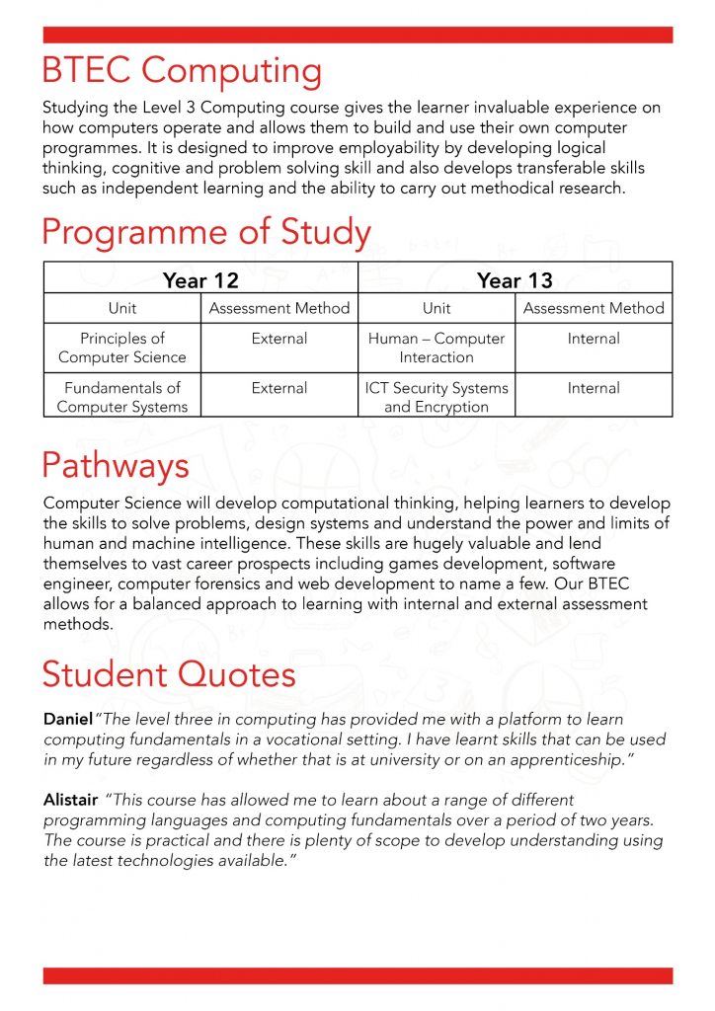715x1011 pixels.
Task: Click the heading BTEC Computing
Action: click(x=182, y=72)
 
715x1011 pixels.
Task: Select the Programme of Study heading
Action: click(x=206, y=233)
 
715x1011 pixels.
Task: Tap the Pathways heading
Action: click(x=116, y=464)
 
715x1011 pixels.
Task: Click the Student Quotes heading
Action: click(x=169, y=675)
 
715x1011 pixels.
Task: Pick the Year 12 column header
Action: click(x=200, y=280)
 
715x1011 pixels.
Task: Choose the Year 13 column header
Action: click(x=515, y=280)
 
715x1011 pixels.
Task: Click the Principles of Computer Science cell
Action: click(x=122, y=348)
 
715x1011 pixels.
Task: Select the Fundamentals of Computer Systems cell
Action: click(x=122, y=397)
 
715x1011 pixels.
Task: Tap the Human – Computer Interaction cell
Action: click(x=437, y=348)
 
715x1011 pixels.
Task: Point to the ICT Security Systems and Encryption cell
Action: click(x=437, y=397)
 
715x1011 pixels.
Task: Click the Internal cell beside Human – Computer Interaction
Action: click(x=594, y=339)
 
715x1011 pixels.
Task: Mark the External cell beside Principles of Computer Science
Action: click(x=279, y=339)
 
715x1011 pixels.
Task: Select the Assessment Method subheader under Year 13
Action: click(x=594, y=308)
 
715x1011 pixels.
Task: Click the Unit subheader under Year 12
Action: click(x=122, y=308)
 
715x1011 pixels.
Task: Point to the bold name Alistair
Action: click(x=70, y=799)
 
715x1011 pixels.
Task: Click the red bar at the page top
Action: click(x=357, y=35)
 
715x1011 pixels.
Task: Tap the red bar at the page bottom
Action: click(x=357, y=975)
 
